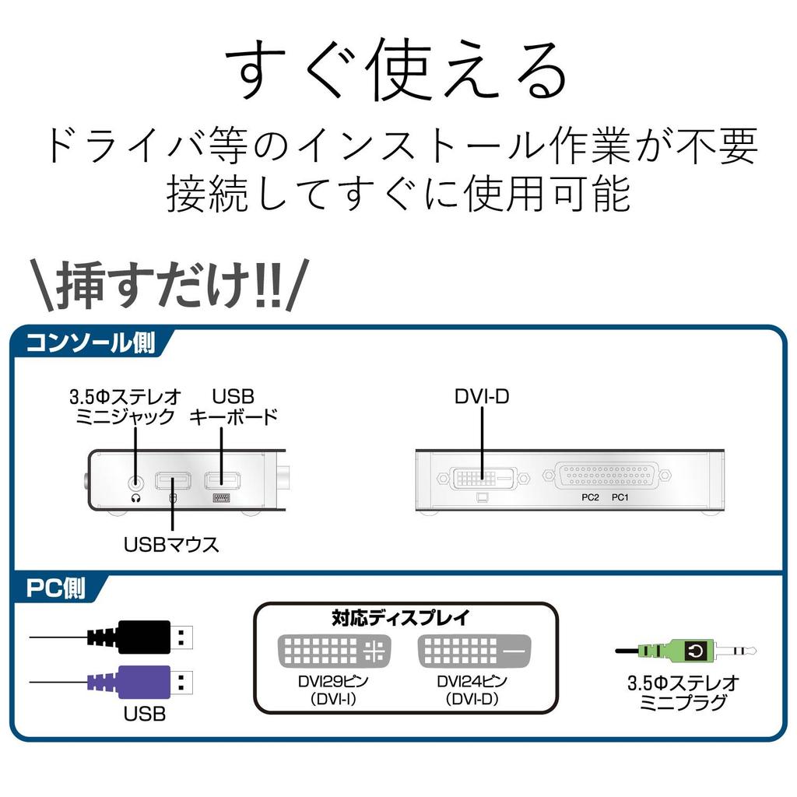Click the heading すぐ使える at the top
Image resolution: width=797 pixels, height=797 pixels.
tap(397, 72)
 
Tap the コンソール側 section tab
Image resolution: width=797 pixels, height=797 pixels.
tap(90, 343)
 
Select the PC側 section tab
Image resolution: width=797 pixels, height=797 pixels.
tap(56, 589)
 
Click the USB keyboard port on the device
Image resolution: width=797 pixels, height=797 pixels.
tap(222, 481)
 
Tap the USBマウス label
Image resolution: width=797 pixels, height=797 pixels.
tap(171, 544)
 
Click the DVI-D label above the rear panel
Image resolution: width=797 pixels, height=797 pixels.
tap(482, 396)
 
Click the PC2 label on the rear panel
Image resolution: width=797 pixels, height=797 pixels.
tap(589, 497)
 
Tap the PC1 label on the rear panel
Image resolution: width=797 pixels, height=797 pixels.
tap(620, 497)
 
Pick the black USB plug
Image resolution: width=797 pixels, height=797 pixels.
tap(144, 637)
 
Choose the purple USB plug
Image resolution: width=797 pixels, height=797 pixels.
tap(144, 682)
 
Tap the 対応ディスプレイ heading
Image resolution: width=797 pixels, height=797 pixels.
tap(401, 619)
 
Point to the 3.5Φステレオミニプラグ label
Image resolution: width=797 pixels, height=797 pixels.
tap(683, 693)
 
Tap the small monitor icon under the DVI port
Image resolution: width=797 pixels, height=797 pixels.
tap(481, 496)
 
